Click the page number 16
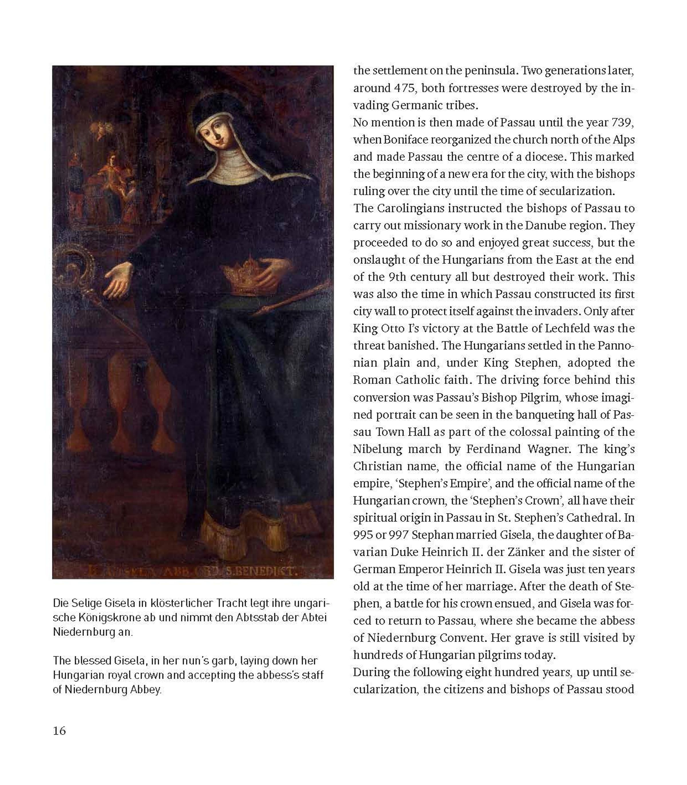click(x=60, y=731)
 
